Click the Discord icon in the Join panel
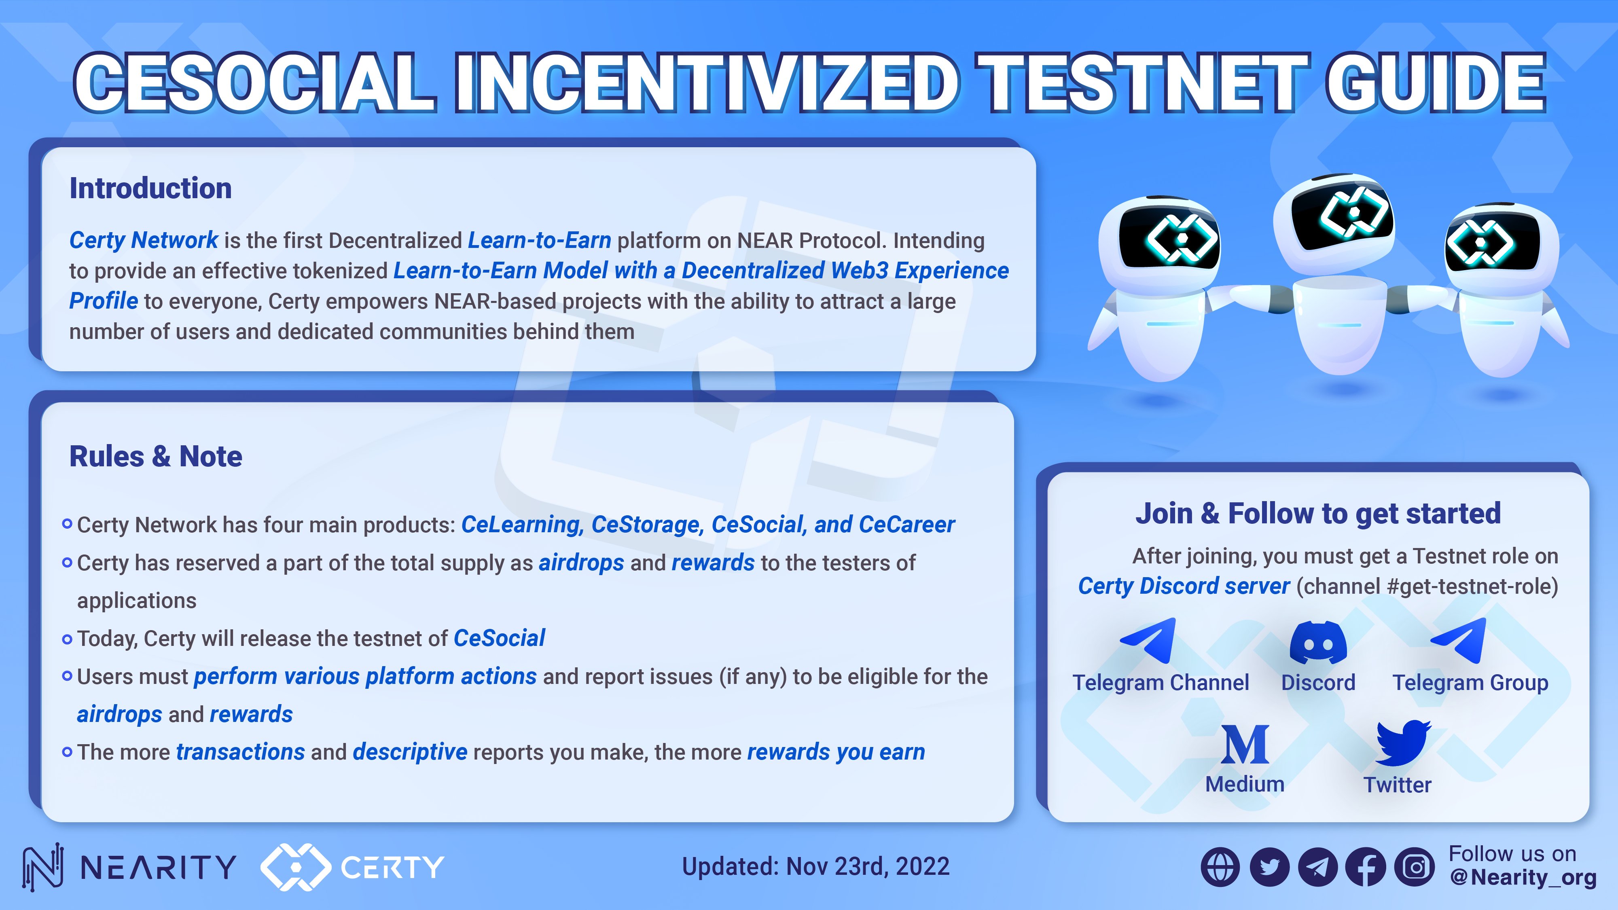click(1318, 643)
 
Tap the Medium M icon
click(1245, 745)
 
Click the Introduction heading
click(151, 188)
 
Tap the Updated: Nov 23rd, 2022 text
click(815, 867)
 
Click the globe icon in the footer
click(1220, 867)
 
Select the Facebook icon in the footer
click(1366, 867)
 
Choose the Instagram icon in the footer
click(1415, 867)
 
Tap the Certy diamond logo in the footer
click(295, 867)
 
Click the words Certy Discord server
click(1183, 586)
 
